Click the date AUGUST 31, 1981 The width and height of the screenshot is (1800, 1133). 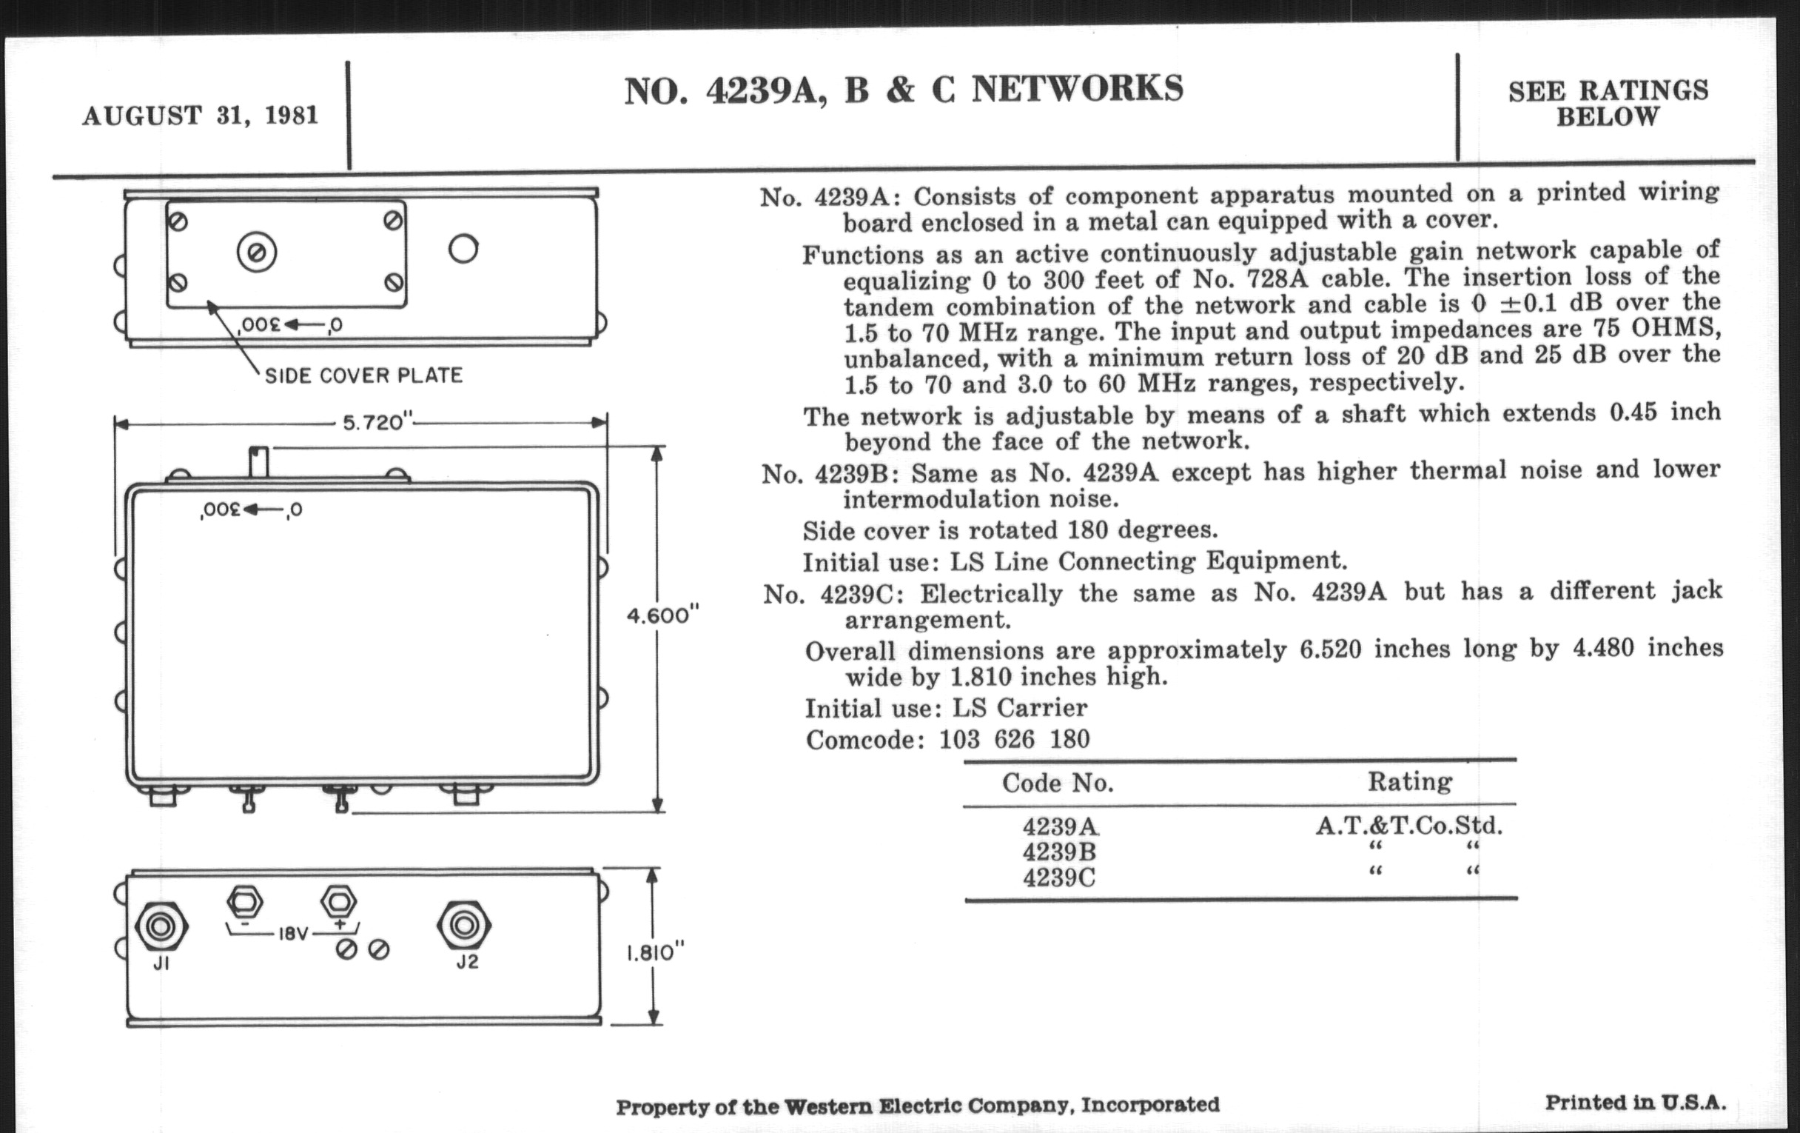click(201, 116)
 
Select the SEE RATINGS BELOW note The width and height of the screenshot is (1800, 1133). click(1608, 103)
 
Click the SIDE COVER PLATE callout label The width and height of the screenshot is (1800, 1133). click(363, 375)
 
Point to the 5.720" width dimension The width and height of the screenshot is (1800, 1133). click(377, 424)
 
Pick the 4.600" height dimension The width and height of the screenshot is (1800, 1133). click(662, 615)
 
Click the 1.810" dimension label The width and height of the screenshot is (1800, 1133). click(655, 953)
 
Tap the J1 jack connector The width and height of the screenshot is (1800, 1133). click(161, 926)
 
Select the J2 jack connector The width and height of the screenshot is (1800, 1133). click(463, 926)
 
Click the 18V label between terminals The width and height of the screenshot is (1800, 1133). click(293, 934)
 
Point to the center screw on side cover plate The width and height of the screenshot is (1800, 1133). click(256, 253)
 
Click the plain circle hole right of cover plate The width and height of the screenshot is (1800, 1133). click(463, 248)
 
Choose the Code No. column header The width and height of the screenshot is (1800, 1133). click(1058, 783)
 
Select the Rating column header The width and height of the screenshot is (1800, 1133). click(1410, 781)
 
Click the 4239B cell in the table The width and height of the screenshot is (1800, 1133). click(1059, 852)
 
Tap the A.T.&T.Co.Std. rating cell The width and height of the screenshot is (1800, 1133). click(1409, 825)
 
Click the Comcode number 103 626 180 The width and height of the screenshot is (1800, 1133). click(1015, 740)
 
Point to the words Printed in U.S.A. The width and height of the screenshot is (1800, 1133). click(1636, 1103)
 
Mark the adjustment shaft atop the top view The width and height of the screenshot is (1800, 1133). click(258, 461)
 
